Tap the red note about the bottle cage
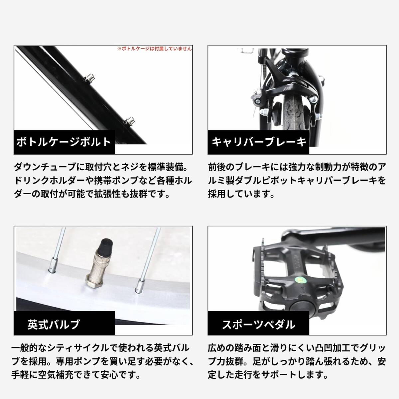click(x=154, y=49)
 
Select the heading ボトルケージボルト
click(x=64, y=142)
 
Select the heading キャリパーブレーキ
click(x=259, y=142)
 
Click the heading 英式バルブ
click(x=54, y=324)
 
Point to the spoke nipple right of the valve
click(x=139, y=287)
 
